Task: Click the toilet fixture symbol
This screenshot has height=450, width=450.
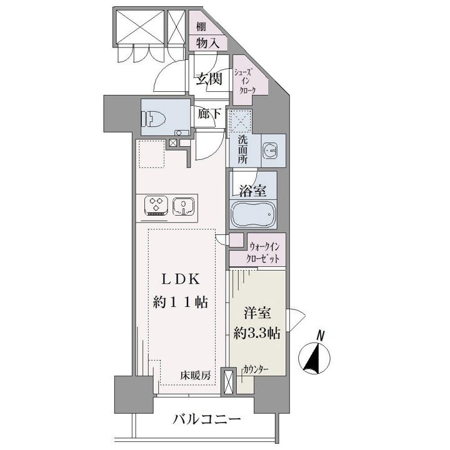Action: pyautogui.click(x=154, y=119)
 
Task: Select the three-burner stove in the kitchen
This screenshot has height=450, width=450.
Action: pyautogui.click(x=156, y=205)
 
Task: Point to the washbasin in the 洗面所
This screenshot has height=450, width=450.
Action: pyautogui.click(x=270, y=151)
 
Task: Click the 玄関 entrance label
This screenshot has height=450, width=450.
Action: pyautogui.click(x=209, y=79)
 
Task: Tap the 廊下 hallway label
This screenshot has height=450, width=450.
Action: pyautogui.click(x=210, y=114)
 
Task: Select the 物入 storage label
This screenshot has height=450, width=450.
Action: pyautogui.click(x=207, y=43)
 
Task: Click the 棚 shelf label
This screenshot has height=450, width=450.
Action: pyautogui.click(x=201, y=27)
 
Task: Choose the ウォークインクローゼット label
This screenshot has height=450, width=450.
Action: pyautogui.click(x=263, y=253)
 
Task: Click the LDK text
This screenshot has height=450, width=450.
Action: pyautogui.click(x=181, y=279)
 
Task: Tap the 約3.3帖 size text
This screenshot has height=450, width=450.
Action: pyautogui.click(x=257, y=333)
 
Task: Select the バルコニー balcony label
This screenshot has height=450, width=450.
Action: pyautogui.click(x=207, y=420)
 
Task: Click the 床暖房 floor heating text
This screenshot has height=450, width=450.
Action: pyautogui.click(x=196, y=376)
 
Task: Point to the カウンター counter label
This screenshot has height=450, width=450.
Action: pyautogui.click(x=256, y=369)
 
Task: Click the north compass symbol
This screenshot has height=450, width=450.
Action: pyautogui.click(x=314, y=357)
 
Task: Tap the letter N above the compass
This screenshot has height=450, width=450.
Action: pyautogui.click(x=321, y=336)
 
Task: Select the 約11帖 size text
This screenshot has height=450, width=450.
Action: pyautogui.click(x=181, y=302)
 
